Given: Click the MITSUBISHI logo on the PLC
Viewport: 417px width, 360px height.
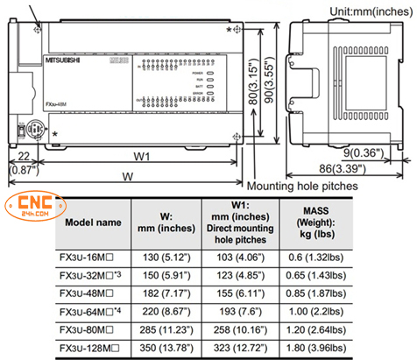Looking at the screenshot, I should coord(66,61).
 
